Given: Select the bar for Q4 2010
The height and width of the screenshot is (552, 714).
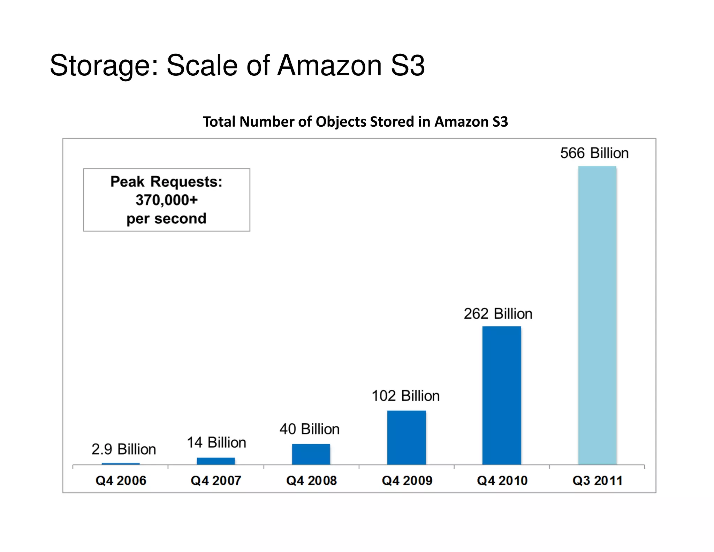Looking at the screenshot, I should coord(502,395).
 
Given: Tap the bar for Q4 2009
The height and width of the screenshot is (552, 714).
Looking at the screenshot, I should coord(407,437).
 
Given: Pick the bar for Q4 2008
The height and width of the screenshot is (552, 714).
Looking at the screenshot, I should coord(311,454).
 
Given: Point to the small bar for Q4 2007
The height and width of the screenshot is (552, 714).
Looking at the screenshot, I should coord(216,461).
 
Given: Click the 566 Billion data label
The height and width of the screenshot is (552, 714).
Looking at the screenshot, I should coord(594,153).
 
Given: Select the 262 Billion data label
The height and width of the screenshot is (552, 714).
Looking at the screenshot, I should coord(498,314).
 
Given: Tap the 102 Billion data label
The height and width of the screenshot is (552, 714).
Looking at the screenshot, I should coord(405,396).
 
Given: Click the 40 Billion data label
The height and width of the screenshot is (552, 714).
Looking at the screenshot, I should coord(310,429).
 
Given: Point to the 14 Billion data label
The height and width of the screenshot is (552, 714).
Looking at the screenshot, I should coord(217,442).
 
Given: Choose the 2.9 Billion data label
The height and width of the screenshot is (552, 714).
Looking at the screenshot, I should coord(124,449).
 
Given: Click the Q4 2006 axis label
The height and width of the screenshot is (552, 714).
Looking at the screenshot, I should coord(121,480).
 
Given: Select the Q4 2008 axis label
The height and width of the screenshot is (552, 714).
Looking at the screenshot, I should coord(311,480).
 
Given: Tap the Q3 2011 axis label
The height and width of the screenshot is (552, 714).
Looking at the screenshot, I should coord(597,480).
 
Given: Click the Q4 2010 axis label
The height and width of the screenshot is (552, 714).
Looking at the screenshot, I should coord(502,480).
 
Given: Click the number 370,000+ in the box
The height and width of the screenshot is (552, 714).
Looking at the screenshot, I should coord(167,200).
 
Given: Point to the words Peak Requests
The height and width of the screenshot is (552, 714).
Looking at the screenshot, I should coord(166,182).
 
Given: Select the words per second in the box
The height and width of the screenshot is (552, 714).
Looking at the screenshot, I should coord(166,219).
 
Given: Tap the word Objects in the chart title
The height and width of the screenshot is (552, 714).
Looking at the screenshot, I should coord(341,122).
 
